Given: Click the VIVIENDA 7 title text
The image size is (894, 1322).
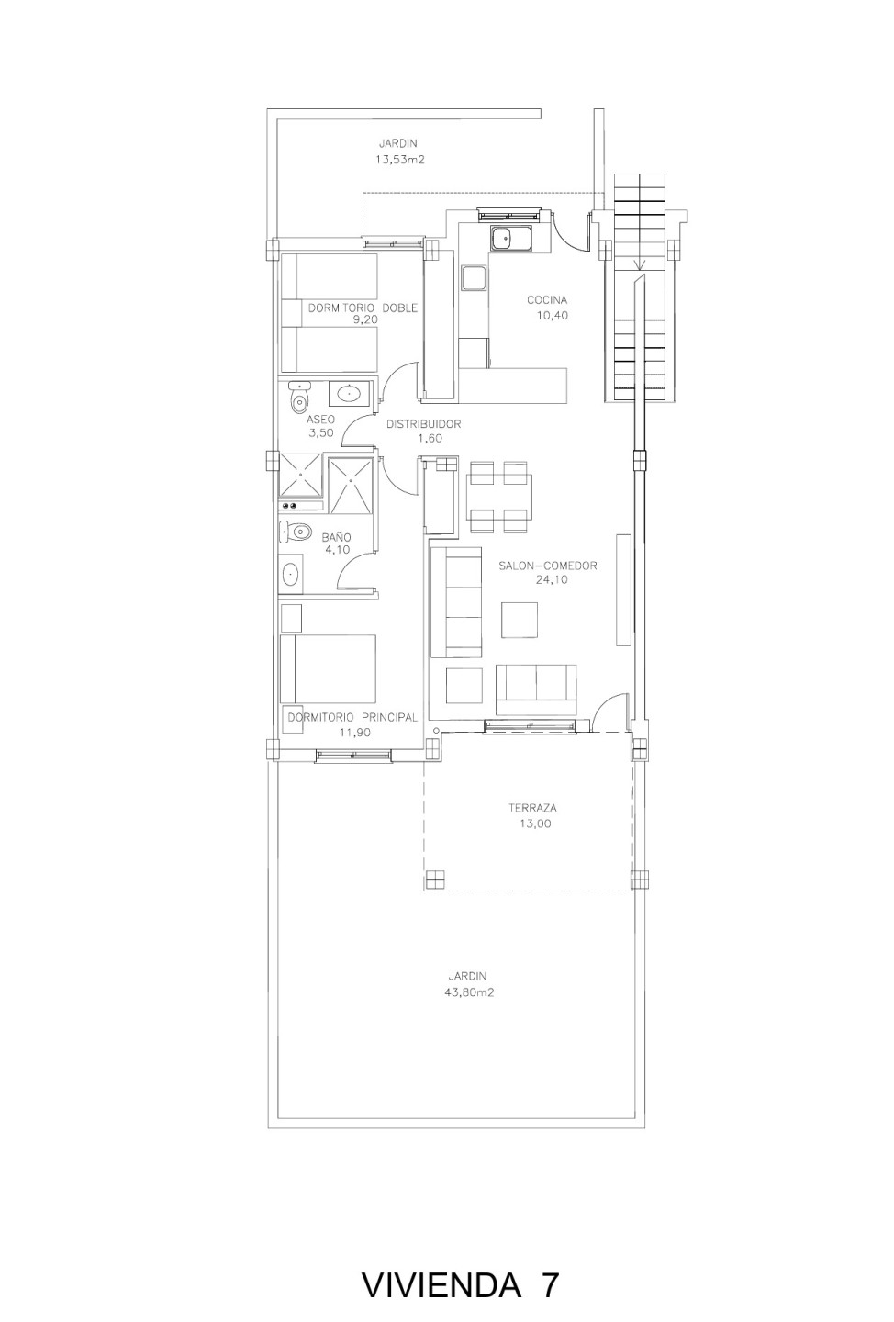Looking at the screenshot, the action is [460, 1270].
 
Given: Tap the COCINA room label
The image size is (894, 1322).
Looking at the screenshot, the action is [547, 300].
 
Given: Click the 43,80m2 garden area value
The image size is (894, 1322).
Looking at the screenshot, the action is [469, 992].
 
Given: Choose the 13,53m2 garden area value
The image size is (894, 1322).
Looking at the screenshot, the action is [399, 159].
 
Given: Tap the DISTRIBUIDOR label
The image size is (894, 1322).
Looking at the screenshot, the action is [423, 424].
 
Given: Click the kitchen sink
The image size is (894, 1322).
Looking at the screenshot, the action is [511, 239].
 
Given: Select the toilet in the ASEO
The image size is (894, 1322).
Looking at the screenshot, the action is [300, 398].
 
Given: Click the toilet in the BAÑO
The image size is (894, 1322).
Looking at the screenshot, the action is [295, 532].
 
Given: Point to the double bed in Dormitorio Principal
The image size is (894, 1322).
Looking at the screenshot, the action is [328, 668].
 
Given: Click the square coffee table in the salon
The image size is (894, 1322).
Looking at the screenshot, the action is [520, 620].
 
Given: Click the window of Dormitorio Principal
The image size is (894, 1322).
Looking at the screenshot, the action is [353, 756].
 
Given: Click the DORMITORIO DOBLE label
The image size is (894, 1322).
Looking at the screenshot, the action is [363, 308].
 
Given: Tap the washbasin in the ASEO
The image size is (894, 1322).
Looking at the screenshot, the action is [350, 393].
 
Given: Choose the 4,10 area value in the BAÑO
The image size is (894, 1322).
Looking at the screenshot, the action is [337, 549].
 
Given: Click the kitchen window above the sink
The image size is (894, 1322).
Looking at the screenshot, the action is [508, 214].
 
